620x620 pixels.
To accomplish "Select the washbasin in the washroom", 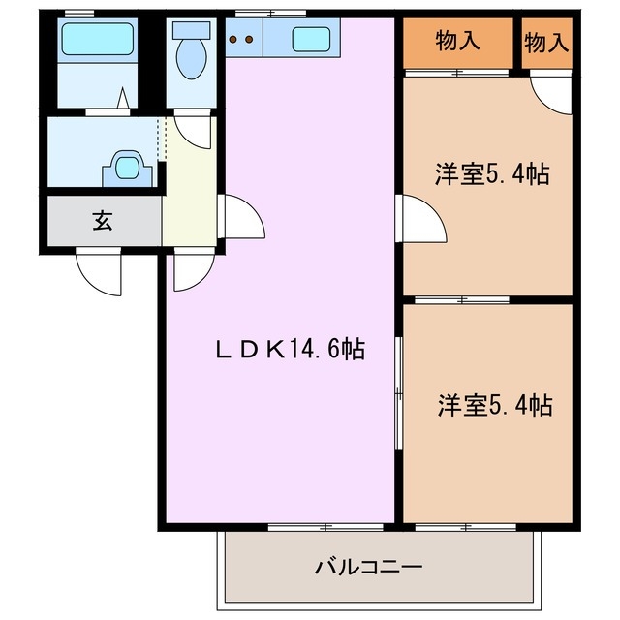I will click(x=127, y=167).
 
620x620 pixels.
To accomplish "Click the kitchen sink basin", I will click(x=310, y=40).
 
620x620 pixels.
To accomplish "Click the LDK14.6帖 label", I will click(x=288, y=350).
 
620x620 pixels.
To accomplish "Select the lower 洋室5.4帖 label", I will click(x=494, y=404).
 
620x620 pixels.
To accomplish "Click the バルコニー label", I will click(x=367, y=565).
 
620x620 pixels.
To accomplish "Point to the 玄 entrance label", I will click(x=103, y=220).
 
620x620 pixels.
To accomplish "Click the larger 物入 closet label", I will click(x=457, y=41).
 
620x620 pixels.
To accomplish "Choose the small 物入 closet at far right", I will click(x=546, y=41).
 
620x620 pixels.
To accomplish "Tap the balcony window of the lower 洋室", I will click(x=465, y=527).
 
